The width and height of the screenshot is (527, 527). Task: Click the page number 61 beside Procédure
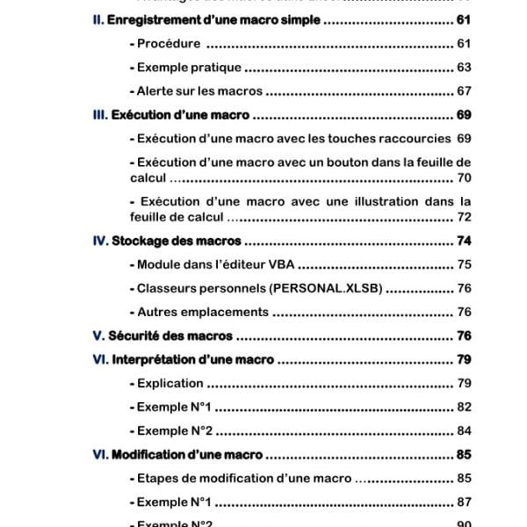point(464,44)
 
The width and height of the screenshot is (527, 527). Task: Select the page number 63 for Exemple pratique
point(464,68)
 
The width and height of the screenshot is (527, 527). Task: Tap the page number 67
point(464,91)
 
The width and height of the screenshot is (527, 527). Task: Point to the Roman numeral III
point(100,115)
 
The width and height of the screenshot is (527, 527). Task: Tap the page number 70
point(464,177)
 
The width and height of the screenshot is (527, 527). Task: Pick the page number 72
point(464,217)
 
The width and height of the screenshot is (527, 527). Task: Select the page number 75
point(464,264)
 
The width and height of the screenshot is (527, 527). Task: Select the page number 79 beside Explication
point(464,383)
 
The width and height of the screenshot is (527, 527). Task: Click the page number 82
point(464,407)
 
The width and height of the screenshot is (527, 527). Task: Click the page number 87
point(464,502)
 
